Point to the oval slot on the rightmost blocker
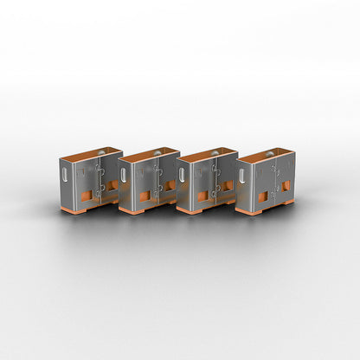coord(243,176)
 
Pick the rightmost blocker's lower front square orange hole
coord(262,196)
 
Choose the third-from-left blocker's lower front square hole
coord(202,196)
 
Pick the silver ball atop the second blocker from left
coord(157,154)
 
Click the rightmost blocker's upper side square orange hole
coord(286,185)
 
